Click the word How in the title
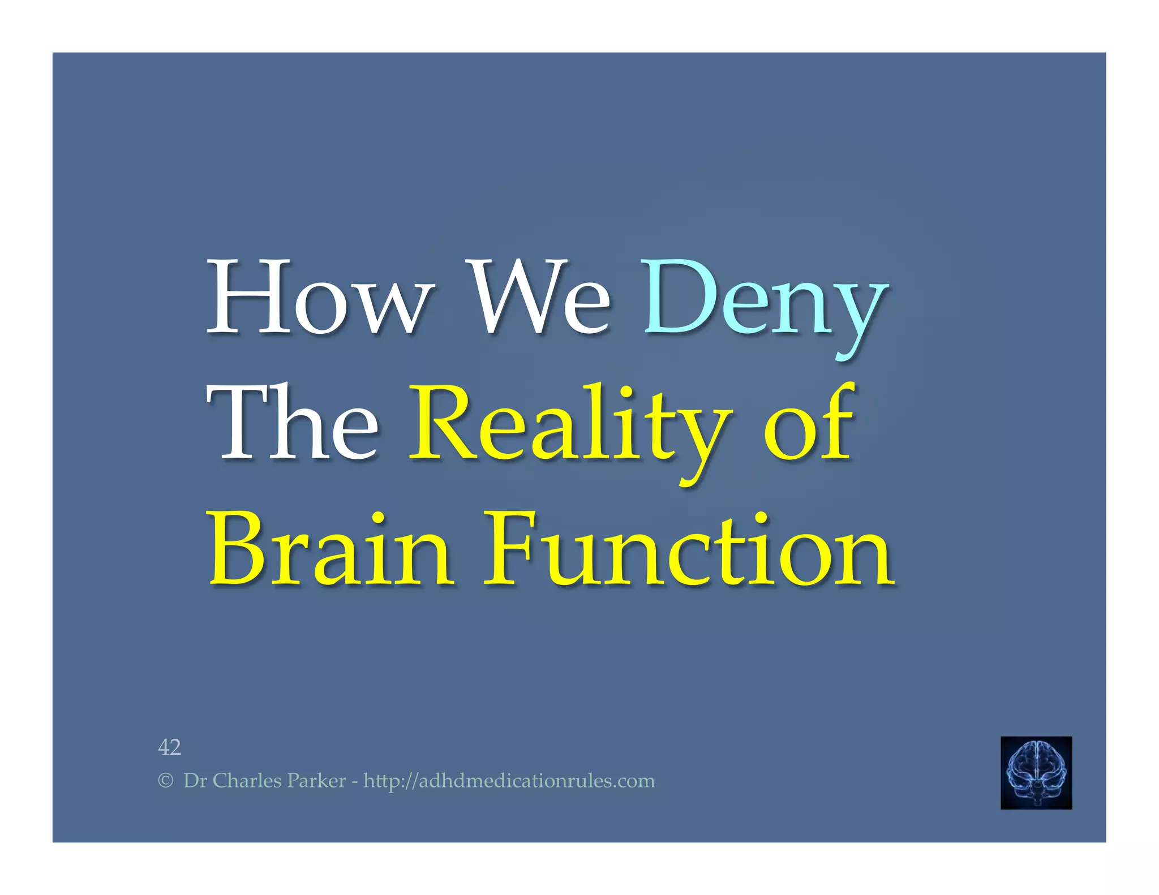coord(321,298)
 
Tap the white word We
coord(540,298)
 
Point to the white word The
coord(293,423)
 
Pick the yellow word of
coord(809,423)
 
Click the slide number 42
coord(169,747)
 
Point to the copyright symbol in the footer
coord(165,781)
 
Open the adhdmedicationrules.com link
coord(509,781)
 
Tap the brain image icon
coord(1036,772)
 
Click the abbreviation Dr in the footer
coord(195,781)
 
